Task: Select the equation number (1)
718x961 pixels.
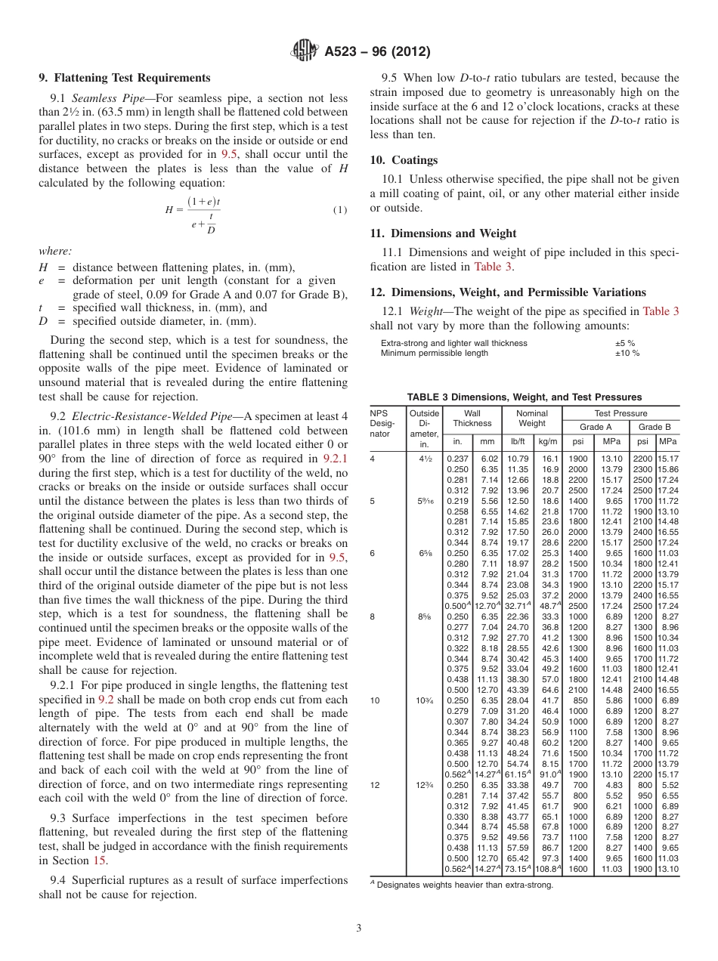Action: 340,210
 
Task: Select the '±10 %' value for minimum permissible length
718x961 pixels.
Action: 627,353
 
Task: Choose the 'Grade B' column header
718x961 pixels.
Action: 655,427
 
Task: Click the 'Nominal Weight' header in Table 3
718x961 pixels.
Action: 532,419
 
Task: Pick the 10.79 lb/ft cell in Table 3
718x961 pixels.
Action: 518,459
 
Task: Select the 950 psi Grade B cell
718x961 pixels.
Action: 644,796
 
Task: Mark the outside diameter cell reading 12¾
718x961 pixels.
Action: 424,785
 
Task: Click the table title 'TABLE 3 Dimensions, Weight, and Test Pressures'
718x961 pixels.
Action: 525,397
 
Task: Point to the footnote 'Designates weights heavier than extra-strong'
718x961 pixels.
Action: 464,885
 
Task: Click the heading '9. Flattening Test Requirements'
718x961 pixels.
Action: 125,78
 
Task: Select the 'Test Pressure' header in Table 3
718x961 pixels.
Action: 621,413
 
